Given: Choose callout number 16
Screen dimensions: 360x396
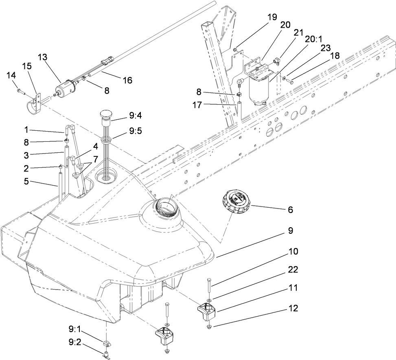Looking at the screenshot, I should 127,80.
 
